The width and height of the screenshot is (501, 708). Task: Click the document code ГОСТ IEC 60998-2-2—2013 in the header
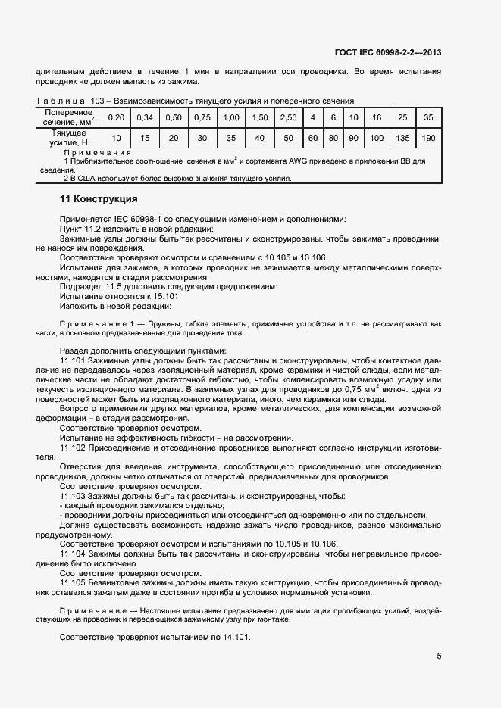click(x=387, y=52)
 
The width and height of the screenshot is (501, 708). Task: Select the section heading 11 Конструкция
click(x=98, y=200)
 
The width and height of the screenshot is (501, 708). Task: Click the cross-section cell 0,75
click(x=202, y=117)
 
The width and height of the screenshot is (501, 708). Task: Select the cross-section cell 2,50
click(x=288, y=117)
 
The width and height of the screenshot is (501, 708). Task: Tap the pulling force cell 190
click(x=429, y=137)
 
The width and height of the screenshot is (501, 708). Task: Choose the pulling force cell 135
click(x=402, y=137)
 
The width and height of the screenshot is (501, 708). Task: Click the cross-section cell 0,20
click(x=115, y=117)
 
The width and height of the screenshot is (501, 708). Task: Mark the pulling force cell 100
click(x=376, y=137)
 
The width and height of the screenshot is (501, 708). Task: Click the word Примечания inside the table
click(x=98, y=152)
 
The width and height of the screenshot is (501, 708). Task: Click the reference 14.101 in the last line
click(x=236, y=636)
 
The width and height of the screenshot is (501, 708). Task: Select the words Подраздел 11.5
click(x=94, y=286)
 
